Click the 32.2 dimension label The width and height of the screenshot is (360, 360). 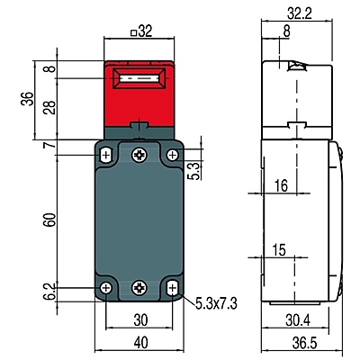pyautogui.click(x=299, y=13)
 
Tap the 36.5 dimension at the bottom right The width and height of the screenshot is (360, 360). pyautogui.click(x=304, y=343)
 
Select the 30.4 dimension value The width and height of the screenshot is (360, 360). pyautogui.click(x=298, y=320)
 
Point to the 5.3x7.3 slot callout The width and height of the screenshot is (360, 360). pyautogui.click(x=216, y=303)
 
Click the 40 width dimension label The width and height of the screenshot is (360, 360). pyautogui.click(x=140, y=343)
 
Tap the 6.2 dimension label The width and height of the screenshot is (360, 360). pyautogui.click(x=49, y=292)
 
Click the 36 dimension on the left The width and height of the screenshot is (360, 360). pyautogui.click(x=27, y=99)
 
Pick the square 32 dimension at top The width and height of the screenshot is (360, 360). pyautogui.click(x=141, y=31)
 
